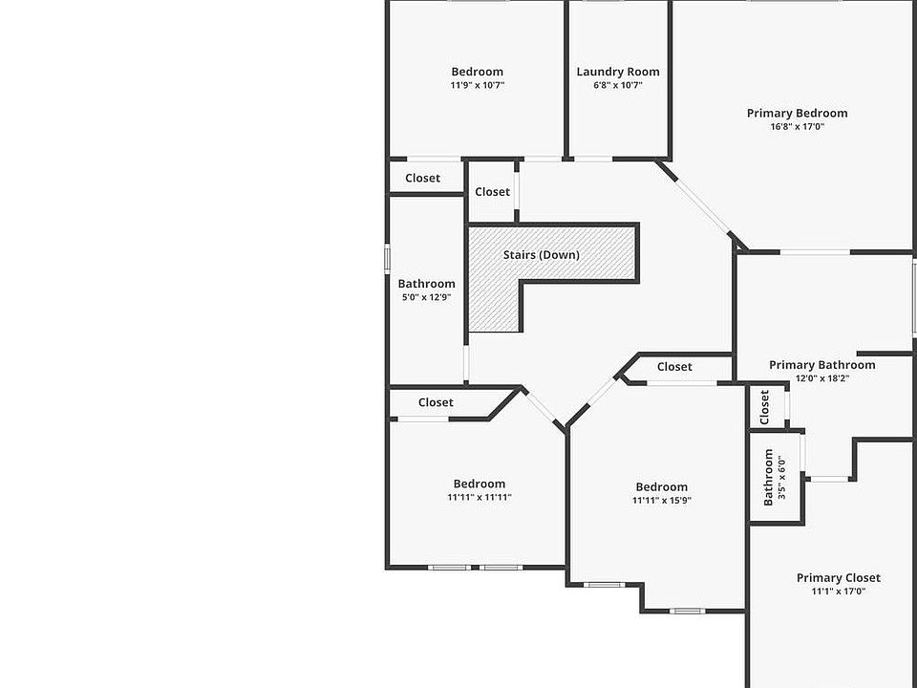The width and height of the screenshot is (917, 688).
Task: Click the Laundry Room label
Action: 618,72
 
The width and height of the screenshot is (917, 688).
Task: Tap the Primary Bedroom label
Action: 797,113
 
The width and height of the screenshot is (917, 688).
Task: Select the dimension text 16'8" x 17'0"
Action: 797,126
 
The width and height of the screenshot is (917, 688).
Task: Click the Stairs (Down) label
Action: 542,255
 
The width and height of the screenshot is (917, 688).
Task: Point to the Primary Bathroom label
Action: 821,365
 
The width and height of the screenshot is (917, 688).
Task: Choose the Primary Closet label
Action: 839,578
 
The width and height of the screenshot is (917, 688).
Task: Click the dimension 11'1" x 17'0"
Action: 839,591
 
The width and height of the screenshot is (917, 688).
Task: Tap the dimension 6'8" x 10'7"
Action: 618,85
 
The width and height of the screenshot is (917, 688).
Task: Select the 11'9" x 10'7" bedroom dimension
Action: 478,85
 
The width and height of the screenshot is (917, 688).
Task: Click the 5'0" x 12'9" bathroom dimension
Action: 426,297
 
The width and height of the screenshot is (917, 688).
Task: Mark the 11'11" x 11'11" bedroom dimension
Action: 480,497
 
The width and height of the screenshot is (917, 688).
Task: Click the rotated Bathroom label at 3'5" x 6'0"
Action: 769,478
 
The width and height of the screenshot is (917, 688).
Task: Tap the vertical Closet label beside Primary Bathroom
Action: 764,408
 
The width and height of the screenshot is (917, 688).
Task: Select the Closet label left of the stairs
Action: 493,192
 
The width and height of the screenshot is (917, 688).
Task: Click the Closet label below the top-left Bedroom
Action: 423,178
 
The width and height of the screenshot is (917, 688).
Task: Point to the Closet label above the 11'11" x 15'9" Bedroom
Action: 674,367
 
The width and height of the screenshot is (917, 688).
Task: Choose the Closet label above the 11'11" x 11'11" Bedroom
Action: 436,402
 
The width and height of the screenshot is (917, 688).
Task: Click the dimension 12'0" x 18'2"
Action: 821,378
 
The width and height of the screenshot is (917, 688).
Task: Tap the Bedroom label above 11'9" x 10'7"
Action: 478,72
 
